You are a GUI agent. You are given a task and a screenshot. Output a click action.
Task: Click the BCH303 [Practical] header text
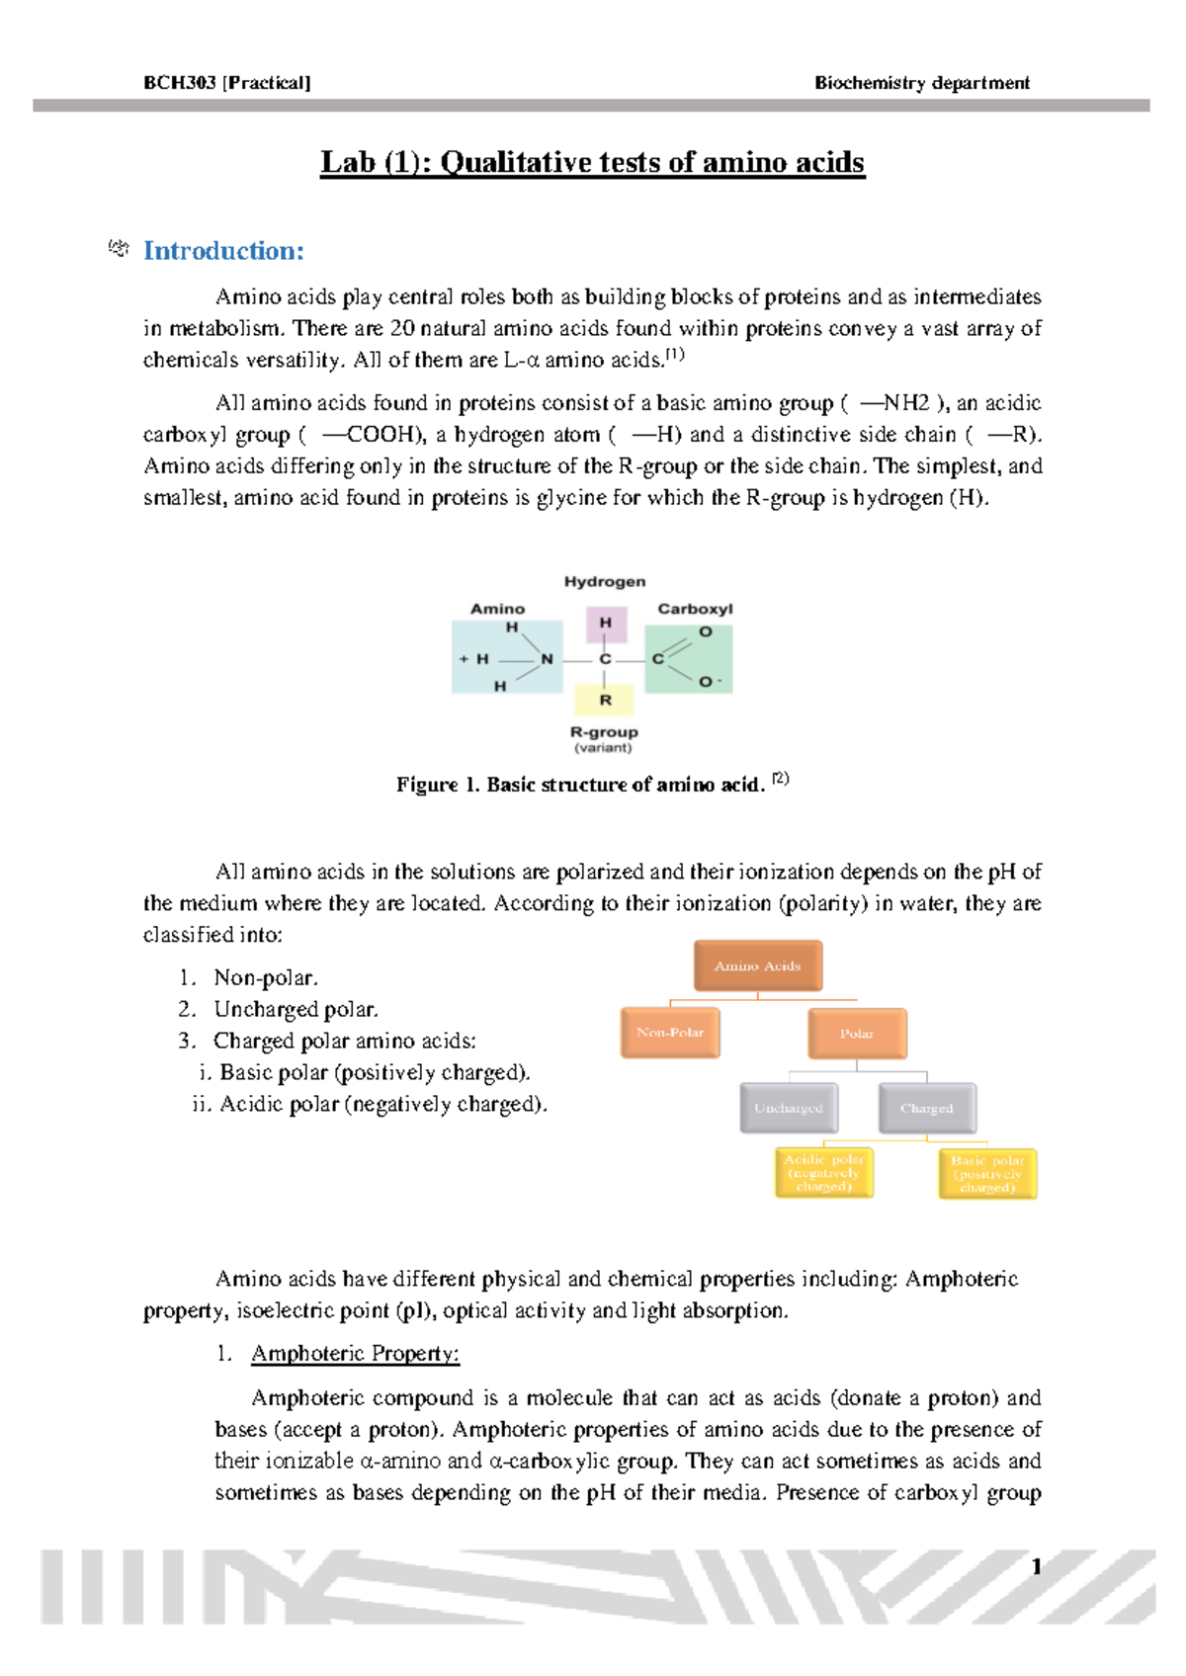226,83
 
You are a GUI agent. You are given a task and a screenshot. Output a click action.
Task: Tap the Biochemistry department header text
921,83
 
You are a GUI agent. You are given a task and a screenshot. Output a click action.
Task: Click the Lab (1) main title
592,162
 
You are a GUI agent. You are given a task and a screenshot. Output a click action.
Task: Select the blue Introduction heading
223,251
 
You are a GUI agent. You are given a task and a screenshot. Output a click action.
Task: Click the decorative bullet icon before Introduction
119,249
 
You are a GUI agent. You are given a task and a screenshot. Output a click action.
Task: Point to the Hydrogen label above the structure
605,582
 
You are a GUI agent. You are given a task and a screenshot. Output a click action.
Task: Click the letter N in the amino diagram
547,659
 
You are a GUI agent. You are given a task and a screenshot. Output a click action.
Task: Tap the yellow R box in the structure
605,700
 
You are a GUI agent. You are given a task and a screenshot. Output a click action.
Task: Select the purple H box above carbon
605,624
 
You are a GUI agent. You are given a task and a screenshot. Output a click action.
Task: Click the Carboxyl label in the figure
695,609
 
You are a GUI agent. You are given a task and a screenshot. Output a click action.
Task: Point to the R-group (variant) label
604,739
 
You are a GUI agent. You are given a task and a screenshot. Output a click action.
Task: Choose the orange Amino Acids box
757,966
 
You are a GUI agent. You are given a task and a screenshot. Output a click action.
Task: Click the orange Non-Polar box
670,1033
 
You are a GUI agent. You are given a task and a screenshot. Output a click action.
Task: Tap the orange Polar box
857,1034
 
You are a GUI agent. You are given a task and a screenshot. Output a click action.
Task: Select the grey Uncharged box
789,1108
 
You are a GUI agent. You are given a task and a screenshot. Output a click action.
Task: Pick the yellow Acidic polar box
824,1172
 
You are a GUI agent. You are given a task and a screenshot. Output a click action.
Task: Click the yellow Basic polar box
987,1173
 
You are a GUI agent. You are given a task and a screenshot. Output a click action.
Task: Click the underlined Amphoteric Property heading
355,1354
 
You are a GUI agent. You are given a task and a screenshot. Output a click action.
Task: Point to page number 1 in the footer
1036,1566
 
